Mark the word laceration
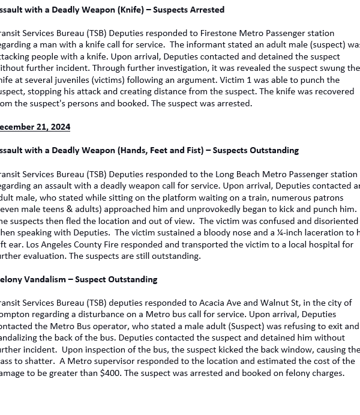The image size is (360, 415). tap(325, 232)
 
